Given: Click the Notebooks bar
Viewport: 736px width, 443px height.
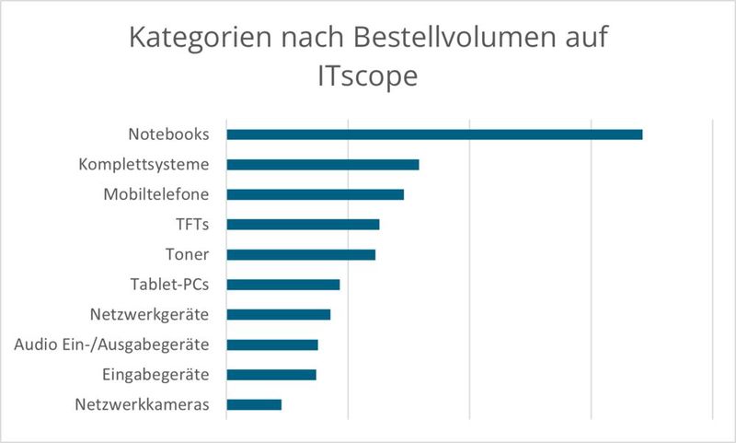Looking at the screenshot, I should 434,134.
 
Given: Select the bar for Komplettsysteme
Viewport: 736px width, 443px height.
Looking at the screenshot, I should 323,165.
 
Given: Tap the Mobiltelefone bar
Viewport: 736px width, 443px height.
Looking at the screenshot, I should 316,194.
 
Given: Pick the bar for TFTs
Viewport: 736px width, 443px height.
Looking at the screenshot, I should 303,224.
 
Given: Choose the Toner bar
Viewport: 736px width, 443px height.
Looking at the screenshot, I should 301,254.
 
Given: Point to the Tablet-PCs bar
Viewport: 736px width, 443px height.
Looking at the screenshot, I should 283,285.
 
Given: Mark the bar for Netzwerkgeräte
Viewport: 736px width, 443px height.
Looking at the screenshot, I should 279,315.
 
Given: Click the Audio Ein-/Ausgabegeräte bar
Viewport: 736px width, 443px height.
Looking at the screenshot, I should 272,344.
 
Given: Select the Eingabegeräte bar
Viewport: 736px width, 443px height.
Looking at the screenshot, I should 271,375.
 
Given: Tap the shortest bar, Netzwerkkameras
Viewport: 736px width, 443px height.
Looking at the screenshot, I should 254,404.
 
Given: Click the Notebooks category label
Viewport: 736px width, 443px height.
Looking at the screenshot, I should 168,134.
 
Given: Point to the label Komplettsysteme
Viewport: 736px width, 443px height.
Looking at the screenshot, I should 144,165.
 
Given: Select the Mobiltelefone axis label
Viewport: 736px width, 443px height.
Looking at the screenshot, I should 155,194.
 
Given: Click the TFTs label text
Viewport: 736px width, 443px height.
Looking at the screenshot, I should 192,224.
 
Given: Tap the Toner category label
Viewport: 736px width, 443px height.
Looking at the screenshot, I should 188,254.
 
